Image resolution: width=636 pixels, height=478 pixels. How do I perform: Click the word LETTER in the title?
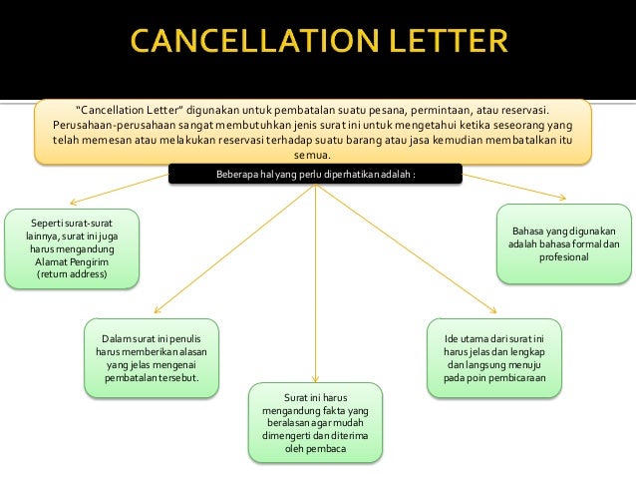tap(439, 45)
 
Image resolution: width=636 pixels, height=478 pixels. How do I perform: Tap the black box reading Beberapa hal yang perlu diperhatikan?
tap(316, 176)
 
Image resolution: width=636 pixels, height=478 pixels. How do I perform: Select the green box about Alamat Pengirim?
tap(73, 247)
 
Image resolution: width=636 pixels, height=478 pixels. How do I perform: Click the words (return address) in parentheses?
tap(73, 273)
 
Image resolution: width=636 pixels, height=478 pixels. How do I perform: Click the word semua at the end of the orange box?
tap(316, 155)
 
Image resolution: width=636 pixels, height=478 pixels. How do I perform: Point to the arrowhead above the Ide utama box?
tap(493, 314)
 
